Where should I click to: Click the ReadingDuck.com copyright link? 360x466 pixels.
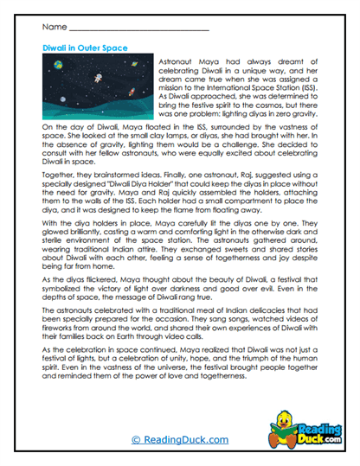(x=180, y=439)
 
